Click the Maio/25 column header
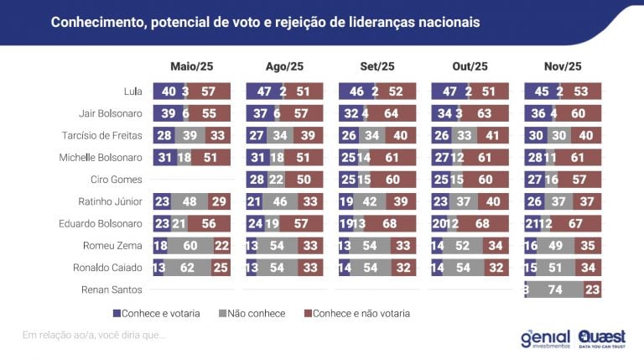tap(191, 66)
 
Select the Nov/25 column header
tap(562, 66)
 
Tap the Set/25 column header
tap(377, 66)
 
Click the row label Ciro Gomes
tap(117, 179)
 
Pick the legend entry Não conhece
tap(252, 313)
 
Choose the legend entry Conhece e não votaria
tap(362, 313)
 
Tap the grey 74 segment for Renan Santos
tap(554, 289)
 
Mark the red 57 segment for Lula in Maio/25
tap(210, 91)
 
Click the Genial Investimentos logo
tap(545, 337)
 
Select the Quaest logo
tap(602, 337)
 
